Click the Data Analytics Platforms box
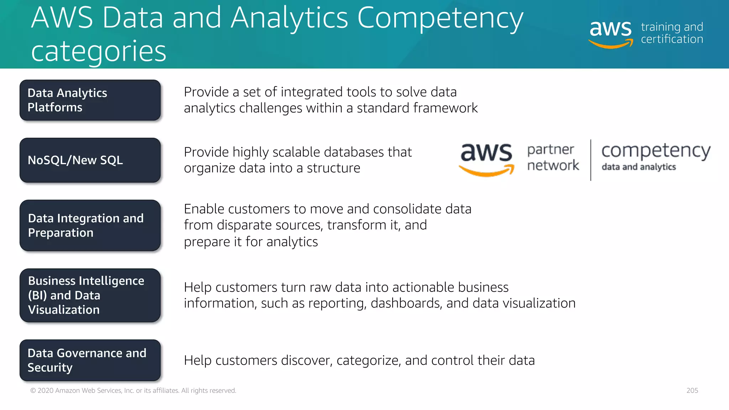(90, 100)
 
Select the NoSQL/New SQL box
(90, 160)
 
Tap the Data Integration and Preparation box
(90, 225)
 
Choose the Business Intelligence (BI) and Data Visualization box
(90, 295)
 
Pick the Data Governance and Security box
(90, 360)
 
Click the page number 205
(692, 390)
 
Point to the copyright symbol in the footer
(33, 391)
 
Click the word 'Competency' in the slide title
(440, 18)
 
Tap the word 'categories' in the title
(99, 51)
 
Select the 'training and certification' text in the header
(672, 33)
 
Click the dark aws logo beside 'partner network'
(486, 158)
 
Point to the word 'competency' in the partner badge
(656, 151)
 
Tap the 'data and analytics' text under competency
(639, 167)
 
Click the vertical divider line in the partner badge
(591, 160)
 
